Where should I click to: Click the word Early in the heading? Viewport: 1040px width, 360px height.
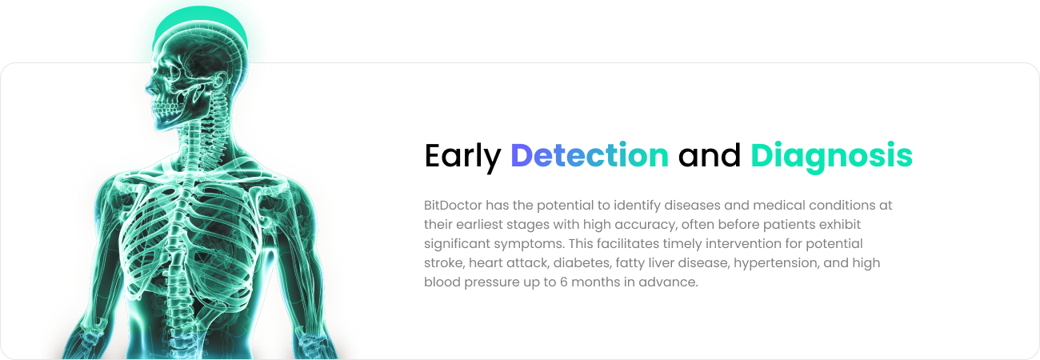click(462, 157)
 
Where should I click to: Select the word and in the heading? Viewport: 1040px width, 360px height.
click(710, 155)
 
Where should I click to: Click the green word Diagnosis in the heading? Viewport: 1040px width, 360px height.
click(831, 157)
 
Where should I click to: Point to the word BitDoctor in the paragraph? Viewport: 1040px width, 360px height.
click(453, 205)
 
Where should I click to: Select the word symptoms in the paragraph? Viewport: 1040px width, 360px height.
click(529, 244)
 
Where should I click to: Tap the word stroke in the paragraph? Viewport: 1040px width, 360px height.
click(444, 263)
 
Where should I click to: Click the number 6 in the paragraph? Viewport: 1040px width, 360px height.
click(563, 282)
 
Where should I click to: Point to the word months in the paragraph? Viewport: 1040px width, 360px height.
click(594, 282)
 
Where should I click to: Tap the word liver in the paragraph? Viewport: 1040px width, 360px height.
click(661, 262)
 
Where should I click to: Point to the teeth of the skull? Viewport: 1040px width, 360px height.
click(166, 109)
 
